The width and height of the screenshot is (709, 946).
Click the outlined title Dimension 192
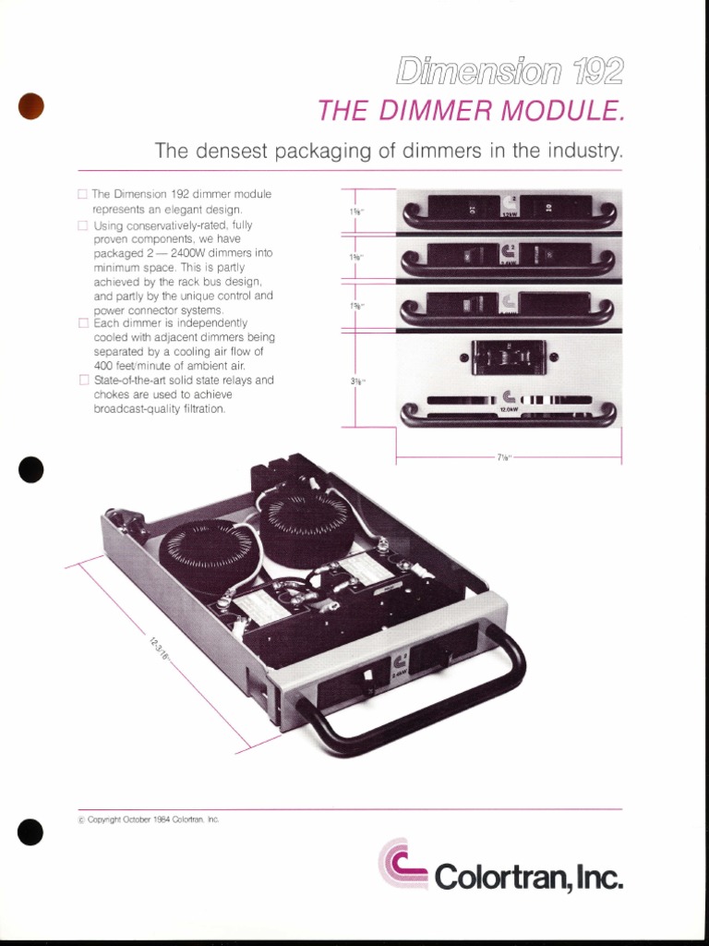coord(510,71)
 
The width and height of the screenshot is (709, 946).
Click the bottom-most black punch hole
coord(30,832)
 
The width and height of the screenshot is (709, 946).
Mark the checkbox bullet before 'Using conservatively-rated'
coord(83,225)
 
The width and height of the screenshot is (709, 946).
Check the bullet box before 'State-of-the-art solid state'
coord(83,380)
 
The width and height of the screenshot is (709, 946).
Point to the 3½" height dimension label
coord(355,380)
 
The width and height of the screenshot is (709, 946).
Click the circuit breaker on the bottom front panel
coord(509,357)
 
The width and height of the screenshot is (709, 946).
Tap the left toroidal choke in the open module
coord(206,555)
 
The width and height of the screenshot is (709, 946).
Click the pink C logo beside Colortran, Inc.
coord(403,864)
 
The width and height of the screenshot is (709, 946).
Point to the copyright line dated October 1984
coord(148,819)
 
